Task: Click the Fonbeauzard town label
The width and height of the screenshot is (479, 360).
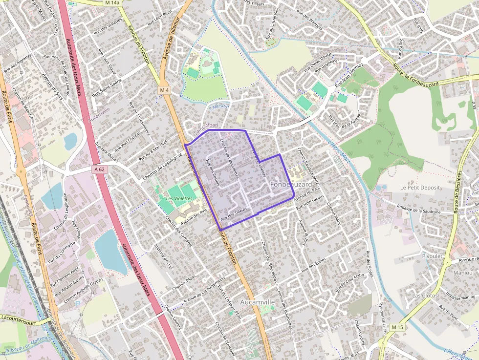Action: (290, 184)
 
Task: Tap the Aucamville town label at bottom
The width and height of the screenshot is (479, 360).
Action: (258, 302)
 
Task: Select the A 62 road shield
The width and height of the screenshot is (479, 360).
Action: (99, 169)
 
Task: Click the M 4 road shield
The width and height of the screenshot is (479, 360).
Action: (164, 90)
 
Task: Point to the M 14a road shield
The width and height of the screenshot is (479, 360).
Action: (111, 3)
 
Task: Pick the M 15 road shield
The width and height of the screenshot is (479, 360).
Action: (397, 327)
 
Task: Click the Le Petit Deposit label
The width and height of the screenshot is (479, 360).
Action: (420, 188)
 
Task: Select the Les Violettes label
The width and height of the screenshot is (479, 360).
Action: (178, 199)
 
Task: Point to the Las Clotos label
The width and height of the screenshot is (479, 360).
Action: (425, 296)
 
